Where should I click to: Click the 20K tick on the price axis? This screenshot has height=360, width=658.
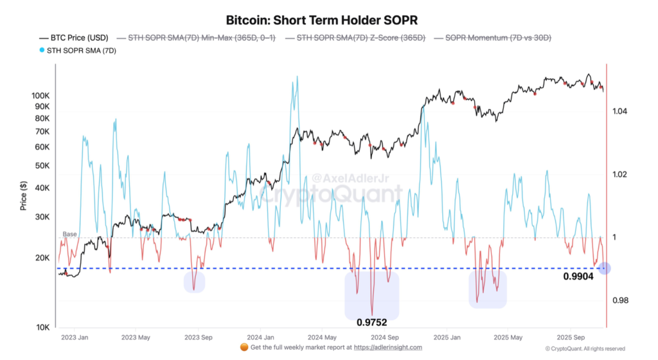tap(42, 258)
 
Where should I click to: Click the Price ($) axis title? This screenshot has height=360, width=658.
tap(23, 196)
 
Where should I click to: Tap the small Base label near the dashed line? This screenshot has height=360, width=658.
tap(69, 234)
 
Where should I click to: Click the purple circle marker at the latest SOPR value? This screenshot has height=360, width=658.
tap(604, 268)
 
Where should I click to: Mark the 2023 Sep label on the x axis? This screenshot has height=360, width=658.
tap(198, 336)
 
